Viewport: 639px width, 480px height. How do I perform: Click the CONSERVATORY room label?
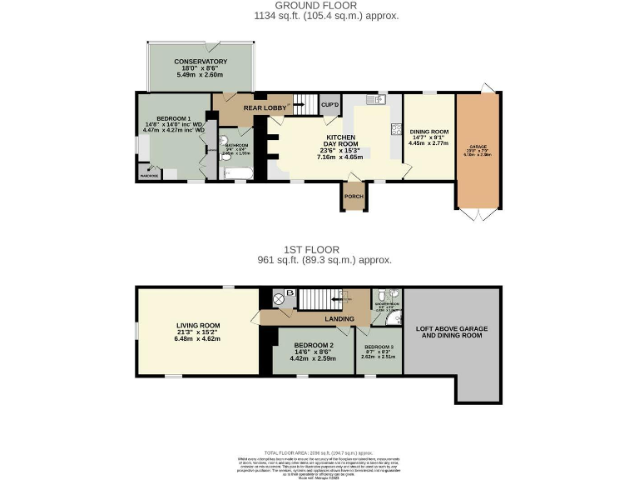201,62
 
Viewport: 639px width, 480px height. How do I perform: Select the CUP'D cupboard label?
329,105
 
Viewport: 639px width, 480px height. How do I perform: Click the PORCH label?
354,197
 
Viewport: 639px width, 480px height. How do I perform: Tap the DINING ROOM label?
428,132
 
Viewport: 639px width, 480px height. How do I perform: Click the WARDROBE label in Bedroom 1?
149,176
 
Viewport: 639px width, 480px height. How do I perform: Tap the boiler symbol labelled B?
290,293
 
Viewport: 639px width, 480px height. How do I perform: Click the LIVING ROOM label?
198,326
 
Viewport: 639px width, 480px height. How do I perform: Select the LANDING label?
339,318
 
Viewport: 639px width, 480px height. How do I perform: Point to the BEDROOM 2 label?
314,345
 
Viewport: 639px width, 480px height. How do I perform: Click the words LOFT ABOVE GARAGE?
452,329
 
